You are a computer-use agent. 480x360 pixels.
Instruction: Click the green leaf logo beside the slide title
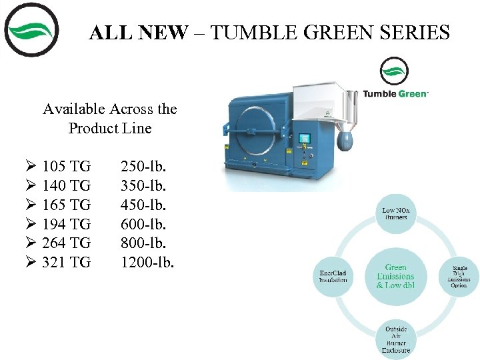click(x=31, y=30)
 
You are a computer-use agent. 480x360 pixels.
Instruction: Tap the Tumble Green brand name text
click(x=395, y=94)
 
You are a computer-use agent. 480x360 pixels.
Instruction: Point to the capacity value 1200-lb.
click(x=147, y=263)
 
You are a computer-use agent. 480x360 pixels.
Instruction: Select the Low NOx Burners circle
click(x=395, y=214)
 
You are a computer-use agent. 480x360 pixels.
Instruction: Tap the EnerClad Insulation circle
click(x=333, y=276)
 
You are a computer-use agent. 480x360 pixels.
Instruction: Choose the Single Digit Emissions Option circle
click(x=459, y=276)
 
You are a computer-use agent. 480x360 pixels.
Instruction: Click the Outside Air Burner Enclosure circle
click(x=395, y=339)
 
